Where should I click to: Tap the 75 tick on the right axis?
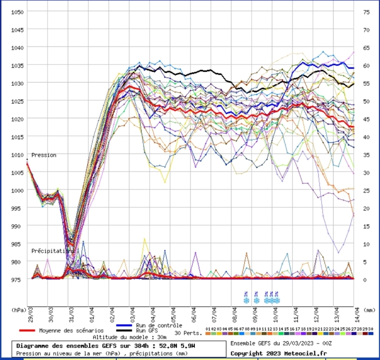(x=366, y=12)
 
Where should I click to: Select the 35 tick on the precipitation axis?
(x=366, y=155)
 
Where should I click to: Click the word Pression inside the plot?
(x=44, y=155)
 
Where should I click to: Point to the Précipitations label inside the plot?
(x=53, y=251)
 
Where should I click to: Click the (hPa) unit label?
(x=18, y=310)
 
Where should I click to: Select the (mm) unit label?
(x=370, y=310)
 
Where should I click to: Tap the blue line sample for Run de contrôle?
(x=123, y=325)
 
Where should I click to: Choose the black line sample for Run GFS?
(x=123, y=330)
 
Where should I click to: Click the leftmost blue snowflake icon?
(x=246, y=300)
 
